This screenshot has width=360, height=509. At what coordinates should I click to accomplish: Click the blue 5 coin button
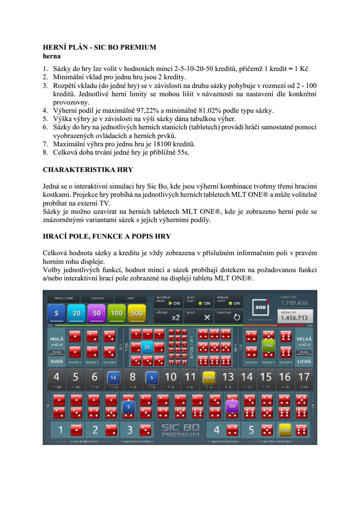56,313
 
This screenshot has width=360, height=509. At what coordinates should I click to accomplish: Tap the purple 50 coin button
97,313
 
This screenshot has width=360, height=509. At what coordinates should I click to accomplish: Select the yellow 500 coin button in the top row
137,313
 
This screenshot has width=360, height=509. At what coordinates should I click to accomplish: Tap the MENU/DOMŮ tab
61,298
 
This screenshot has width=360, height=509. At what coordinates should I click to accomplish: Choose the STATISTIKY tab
98,298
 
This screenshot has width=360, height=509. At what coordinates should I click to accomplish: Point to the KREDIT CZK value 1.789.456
294,303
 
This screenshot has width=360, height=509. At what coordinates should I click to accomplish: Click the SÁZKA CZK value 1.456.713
294,318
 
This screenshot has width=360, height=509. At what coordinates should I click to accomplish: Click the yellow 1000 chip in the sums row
209,378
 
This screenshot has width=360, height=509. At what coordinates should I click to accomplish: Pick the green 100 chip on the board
268,345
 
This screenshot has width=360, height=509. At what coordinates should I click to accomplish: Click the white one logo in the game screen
259,308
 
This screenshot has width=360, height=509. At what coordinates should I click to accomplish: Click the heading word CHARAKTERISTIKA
74,169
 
